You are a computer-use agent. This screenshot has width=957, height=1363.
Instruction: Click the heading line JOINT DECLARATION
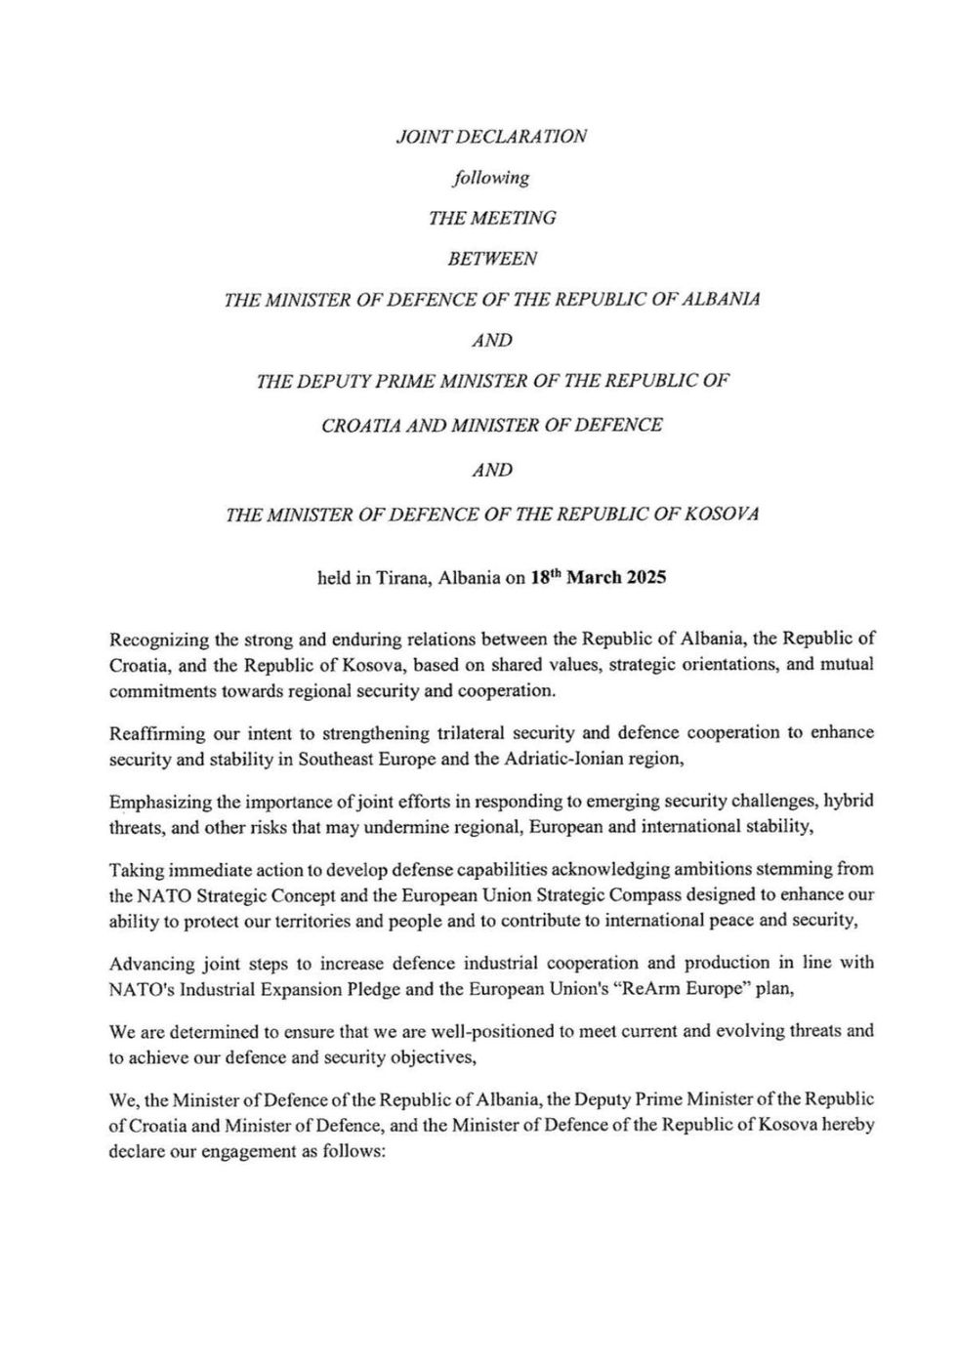point(491,136)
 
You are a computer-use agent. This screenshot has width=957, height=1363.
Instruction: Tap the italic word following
point(491,178)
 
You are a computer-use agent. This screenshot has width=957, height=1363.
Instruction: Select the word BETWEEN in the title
point(491,259)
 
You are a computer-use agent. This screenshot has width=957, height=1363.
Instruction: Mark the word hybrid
point(849,802)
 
